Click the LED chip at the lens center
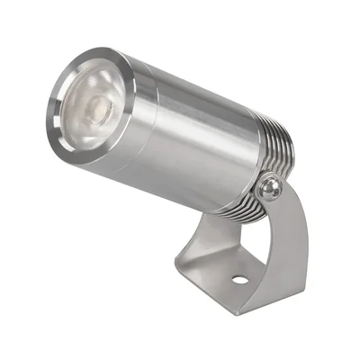coord(96,112)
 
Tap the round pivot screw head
coord(266,190)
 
